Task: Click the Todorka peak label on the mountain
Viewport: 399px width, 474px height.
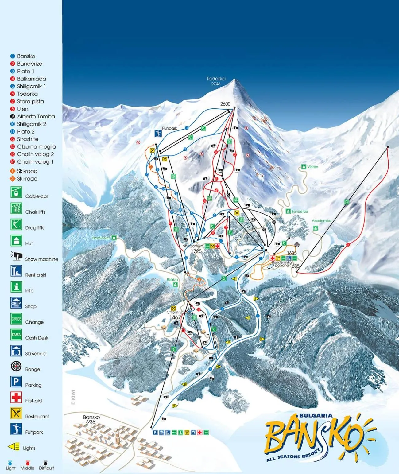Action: click(x=216, y=79)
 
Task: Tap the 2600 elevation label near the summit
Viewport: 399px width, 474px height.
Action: click(x=225, y=104)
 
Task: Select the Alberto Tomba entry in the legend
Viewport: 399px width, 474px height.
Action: click(x=36, y=117)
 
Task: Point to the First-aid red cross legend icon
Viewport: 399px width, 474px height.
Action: click(x=16, y=397)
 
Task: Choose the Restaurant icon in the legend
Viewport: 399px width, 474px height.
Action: click(x=16, y=413)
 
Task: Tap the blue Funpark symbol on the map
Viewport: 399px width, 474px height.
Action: click(x=158, y=133)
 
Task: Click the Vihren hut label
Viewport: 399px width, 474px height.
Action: click(x=312, y=167)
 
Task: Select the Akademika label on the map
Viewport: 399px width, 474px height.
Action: click(x=321, y=221)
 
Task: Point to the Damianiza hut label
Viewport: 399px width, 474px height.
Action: click(x=101, y=238)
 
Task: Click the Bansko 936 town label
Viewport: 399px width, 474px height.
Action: click(x=91, y=419)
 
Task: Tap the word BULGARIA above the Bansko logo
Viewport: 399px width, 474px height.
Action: click(x=316, y=416)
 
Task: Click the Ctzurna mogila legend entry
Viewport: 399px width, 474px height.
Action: click(x=36, y=147)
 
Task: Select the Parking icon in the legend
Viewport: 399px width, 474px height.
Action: click(x=16, y=382)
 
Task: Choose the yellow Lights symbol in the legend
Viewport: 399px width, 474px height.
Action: click(x=14, y=447)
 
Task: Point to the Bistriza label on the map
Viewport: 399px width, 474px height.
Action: click(x=172, y=280)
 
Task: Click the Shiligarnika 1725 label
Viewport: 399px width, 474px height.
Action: click(x=193, y=248)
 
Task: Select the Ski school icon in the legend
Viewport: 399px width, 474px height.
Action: click(x=16, y=350)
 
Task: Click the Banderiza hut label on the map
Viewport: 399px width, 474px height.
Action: click(x=299, y=212)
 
